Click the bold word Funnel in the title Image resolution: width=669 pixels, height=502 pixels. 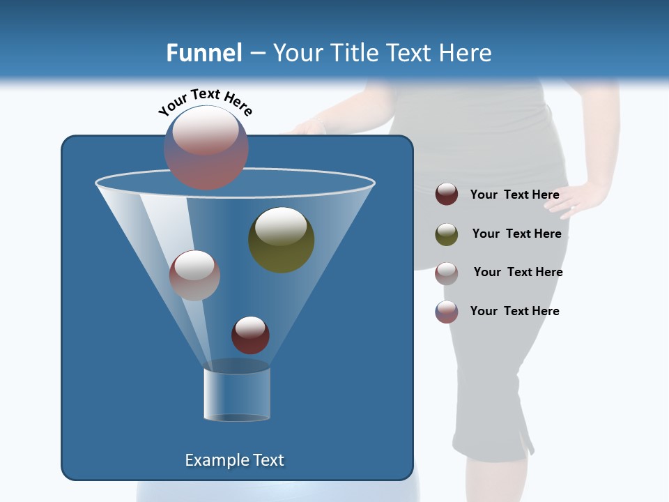[x=203, y=53]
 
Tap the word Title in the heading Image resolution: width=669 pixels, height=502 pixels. [x=353, y=53]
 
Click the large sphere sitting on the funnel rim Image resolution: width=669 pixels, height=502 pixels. [x=206, y=147]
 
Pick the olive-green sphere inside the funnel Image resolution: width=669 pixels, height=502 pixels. [x=282, y=240]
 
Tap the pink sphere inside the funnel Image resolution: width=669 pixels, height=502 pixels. [x=194, y=275]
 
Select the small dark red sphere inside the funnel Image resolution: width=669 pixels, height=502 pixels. [x=250, y=335]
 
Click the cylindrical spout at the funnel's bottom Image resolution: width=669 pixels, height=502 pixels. [x=236, y=395]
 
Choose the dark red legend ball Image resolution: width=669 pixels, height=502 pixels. [x=447, y=195]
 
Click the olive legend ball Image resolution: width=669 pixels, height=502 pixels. [x=447, y=234]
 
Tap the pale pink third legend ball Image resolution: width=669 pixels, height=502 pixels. [x=447, y=273]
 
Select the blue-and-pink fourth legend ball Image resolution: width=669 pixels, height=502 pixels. [x=447, y=312]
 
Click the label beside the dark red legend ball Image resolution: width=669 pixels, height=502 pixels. [x=514, y=195]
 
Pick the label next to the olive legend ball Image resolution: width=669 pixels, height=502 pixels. [x=516, y=234]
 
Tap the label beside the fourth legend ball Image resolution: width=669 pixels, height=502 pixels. [x=514, y=311]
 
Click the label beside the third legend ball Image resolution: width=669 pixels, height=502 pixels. [x=518, y=272]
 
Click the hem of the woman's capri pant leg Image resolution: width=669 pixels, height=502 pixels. [x=491, y=446]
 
